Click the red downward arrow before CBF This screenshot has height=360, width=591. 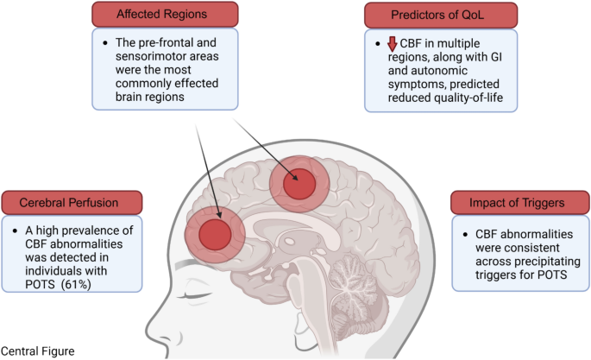(x=391, y=45)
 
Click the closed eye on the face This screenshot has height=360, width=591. (x=204, y=298)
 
